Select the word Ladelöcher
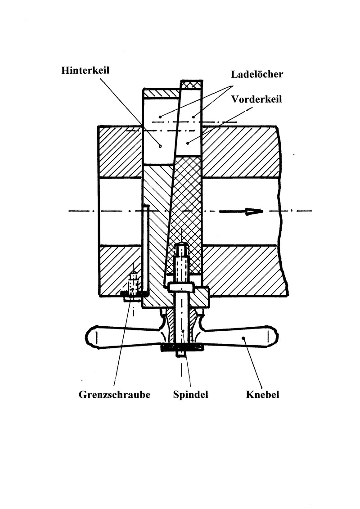[x=257, y=74]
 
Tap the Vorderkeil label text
[x=256, y=99]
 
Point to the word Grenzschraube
[x=114, y=395]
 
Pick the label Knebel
[x=263, y=395]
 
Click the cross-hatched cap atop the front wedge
[x=189, y=85]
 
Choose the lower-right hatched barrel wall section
[x=243, y=270]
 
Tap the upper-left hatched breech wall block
[x=120, y=151]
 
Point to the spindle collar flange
[x=181, y=287]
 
